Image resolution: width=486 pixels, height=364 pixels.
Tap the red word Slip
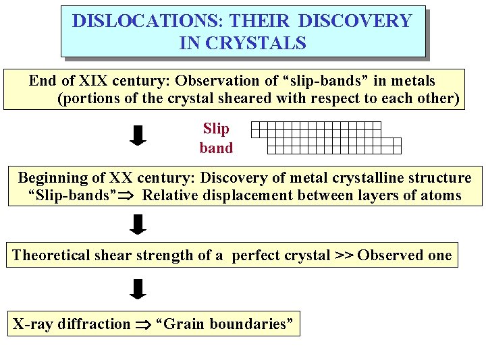point(216,128)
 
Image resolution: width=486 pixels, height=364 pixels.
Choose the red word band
point(216,148)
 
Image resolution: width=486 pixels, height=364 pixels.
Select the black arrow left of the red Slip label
point(138,135)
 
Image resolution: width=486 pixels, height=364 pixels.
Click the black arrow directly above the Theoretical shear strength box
point(138,224)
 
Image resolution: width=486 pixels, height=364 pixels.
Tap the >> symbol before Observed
point(344,255)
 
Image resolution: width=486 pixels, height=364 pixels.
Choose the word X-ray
point(33,324)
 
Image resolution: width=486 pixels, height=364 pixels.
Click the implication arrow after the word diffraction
point(142,325)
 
